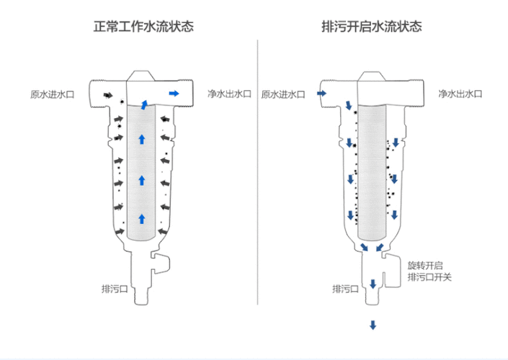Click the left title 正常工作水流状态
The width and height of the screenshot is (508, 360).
pos(144,27)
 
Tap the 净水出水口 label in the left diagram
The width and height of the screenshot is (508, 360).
pos(229,94)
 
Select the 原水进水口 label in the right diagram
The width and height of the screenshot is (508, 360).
pos(283,94)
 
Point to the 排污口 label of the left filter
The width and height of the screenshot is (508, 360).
pos(114,289)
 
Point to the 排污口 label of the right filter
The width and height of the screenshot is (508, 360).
pos(345,289)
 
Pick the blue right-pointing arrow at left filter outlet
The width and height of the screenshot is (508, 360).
pos(174,94)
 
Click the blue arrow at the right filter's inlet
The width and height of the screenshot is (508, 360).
pos(321,94)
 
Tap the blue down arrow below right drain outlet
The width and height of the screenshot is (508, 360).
pos(373,325)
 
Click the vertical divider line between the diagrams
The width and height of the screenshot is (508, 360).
pos(258,180)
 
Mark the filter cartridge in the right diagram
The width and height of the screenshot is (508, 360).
pos(373,173)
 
